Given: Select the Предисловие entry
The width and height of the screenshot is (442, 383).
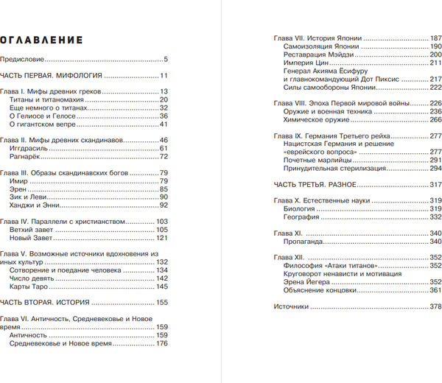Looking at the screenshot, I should [x=23, y=59].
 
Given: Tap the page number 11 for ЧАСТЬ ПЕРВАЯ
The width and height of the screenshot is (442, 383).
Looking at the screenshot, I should [x=164, y=76].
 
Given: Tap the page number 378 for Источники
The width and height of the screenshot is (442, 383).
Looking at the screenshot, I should [x=435, y=306].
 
